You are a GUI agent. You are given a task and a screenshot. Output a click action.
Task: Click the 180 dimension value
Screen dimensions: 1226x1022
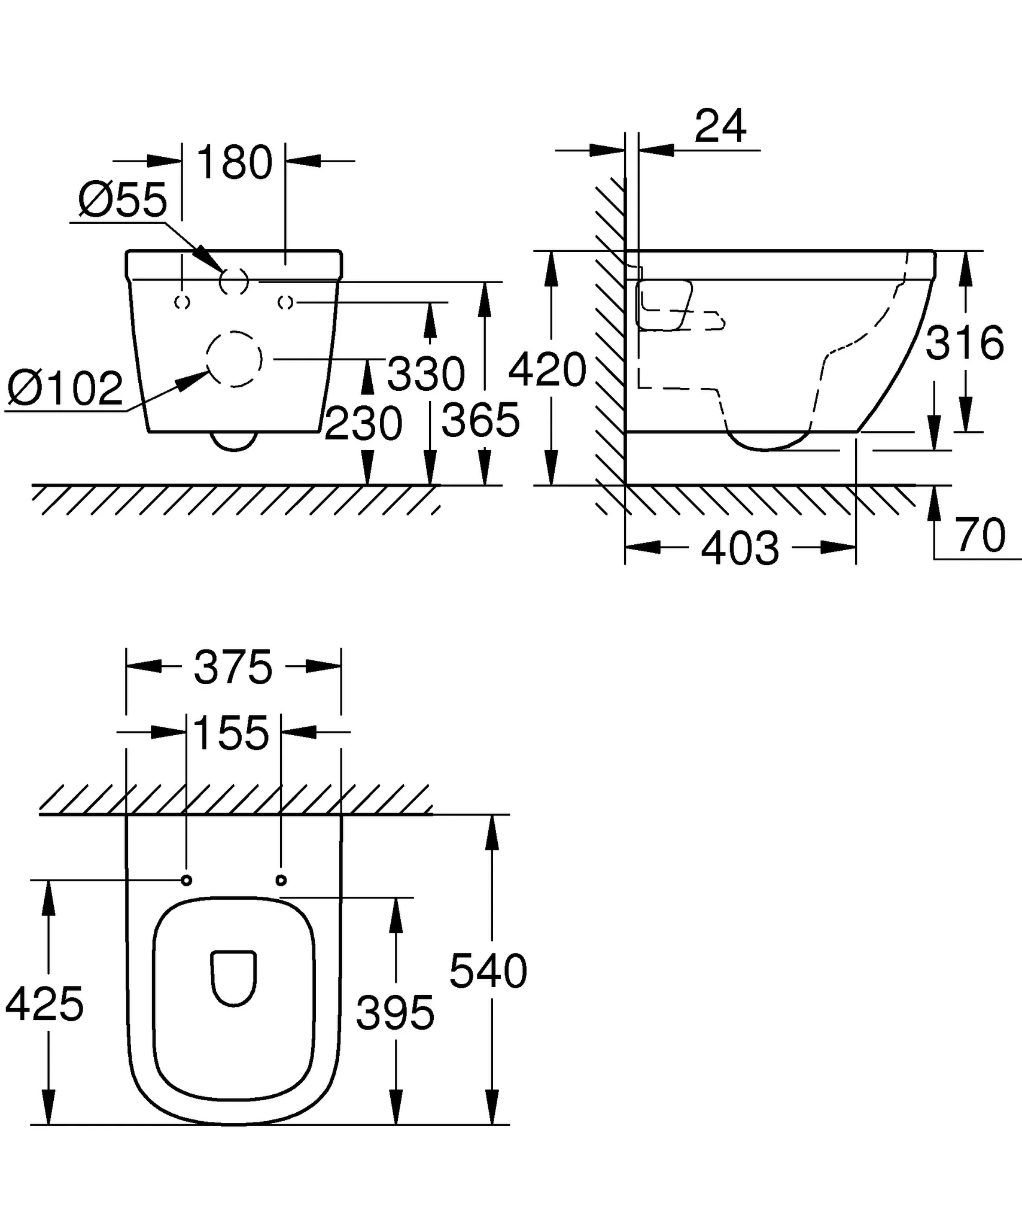pos(234,162)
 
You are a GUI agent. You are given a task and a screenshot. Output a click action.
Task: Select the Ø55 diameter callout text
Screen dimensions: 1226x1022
pos(123,200)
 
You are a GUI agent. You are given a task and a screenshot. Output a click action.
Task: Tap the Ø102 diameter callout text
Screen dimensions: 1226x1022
pos(65,388)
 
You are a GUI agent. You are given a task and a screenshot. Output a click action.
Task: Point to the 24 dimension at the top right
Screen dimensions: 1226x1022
pos(720,126)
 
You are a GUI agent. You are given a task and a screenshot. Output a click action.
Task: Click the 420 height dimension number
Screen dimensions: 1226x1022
pos(547,369)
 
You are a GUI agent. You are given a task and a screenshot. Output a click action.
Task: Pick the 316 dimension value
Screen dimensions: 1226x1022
pos(965,342)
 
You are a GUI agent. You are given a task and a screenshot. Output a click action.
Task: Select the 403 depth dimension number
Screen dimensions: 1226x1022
pos(740,548)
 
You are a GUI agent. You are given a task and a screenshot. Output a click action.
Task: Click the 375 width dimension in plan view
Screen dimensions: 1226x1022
pos(233,667)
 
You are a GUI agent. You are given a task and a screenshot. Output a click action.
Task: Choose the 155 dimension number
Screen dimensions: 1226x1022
pos(232,733)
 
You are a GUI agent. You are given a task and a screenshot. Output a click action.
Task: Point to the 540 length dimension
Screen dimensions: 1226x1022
pos(488,971)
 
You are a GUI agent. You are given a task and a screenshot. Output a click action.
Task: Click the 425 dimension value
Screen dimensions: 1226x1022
pos(45,1004)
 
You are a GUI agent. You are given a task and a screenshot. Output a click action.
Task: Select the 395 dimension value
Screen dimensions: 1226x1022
pos(395,1013)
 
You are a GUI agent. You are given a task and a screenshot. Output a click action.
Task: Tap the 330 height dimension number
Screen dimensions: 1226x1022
pos(425,374)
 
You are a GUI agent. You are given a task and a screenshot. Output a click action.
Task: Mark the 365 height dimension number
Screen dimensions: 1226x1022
pos(480,420)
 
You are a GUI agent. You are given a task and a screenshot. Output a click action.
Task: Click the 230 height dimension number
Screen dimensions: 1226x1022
pos(363,424)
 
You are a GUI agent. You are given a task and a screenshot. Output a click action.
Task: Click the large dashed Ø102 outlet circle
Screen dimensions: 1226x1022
pos(234,359)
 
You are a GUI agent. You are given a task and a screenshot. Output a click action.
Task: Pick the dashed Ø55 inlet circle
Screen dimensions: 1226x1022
pos(234,281)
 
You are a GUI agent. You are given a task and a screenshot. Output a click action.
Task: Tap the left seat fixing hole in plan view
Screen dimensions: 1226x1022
pos(186,880)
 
